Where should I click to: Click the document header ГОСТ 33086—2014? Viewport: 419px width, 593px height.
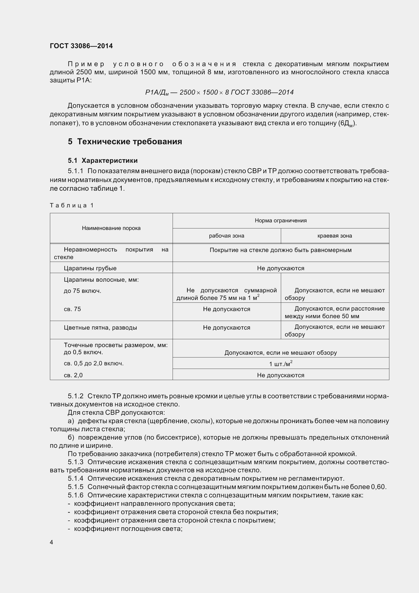pyautogui.click(x=81, y=46)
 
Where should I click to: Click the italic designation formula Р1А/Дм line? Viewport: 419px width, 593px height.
pyautogui.click(x=219, y=92)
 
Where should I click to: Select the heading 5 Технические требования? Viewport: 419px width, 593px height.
pyautogui.click(x=125, y=141)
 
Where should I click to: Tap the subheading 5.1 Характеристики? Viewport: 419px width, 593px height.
pyautogui.click(x=103, y=160)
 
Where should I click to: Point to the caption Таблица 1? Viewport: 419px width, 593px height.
pyautogui.click(x=71, y=205)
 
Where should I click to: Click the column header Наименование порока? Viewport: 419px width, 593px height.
pyautogui.click(x=111, y=228)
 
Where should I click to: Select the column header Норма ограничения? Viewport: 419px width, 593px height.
pyautogui.click(x=281, y=221)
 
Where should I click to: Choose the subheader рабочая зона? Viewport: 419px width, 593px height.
pyautogui.click(x=226, y=236)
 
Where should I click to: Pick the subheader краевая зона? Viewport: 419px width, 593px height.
pyautogui.click(x=335, y=236)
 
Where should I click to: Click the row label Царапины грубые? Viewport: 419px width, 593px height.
pyautogui.click(x=90, y=268)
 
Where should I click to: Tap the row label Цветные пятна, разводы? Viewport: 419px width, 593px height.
pyautogui.click(x=100, y=328)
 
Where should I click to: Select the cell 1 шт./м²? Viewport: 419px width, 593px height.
pyautogui.click(x=281, y=364)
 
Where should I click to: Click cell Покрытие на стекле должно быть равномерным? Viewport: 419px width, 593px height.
pyautogui.click(x=281, y=250)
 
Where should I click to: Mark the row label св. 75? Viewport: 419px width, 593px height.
pyautogui.click(x=72, y=309)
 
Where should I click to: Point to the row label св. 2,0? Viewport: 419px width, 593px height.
pyautogui.click(x=73, y=375)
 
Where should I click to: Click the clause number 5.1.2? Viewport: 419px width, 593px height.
pyautogui.click(x=75, y=396)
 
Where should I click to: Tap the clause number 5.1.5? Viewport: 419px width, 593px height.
pyautogui.click(x=75, y=487)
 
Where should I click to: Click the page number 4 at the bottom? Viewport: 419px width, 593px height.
pyautogui.click(x=51, y=542)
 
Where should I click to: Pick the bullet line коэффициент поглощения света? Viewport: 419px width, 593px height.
pyautogui.click(x=128, y=529)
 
